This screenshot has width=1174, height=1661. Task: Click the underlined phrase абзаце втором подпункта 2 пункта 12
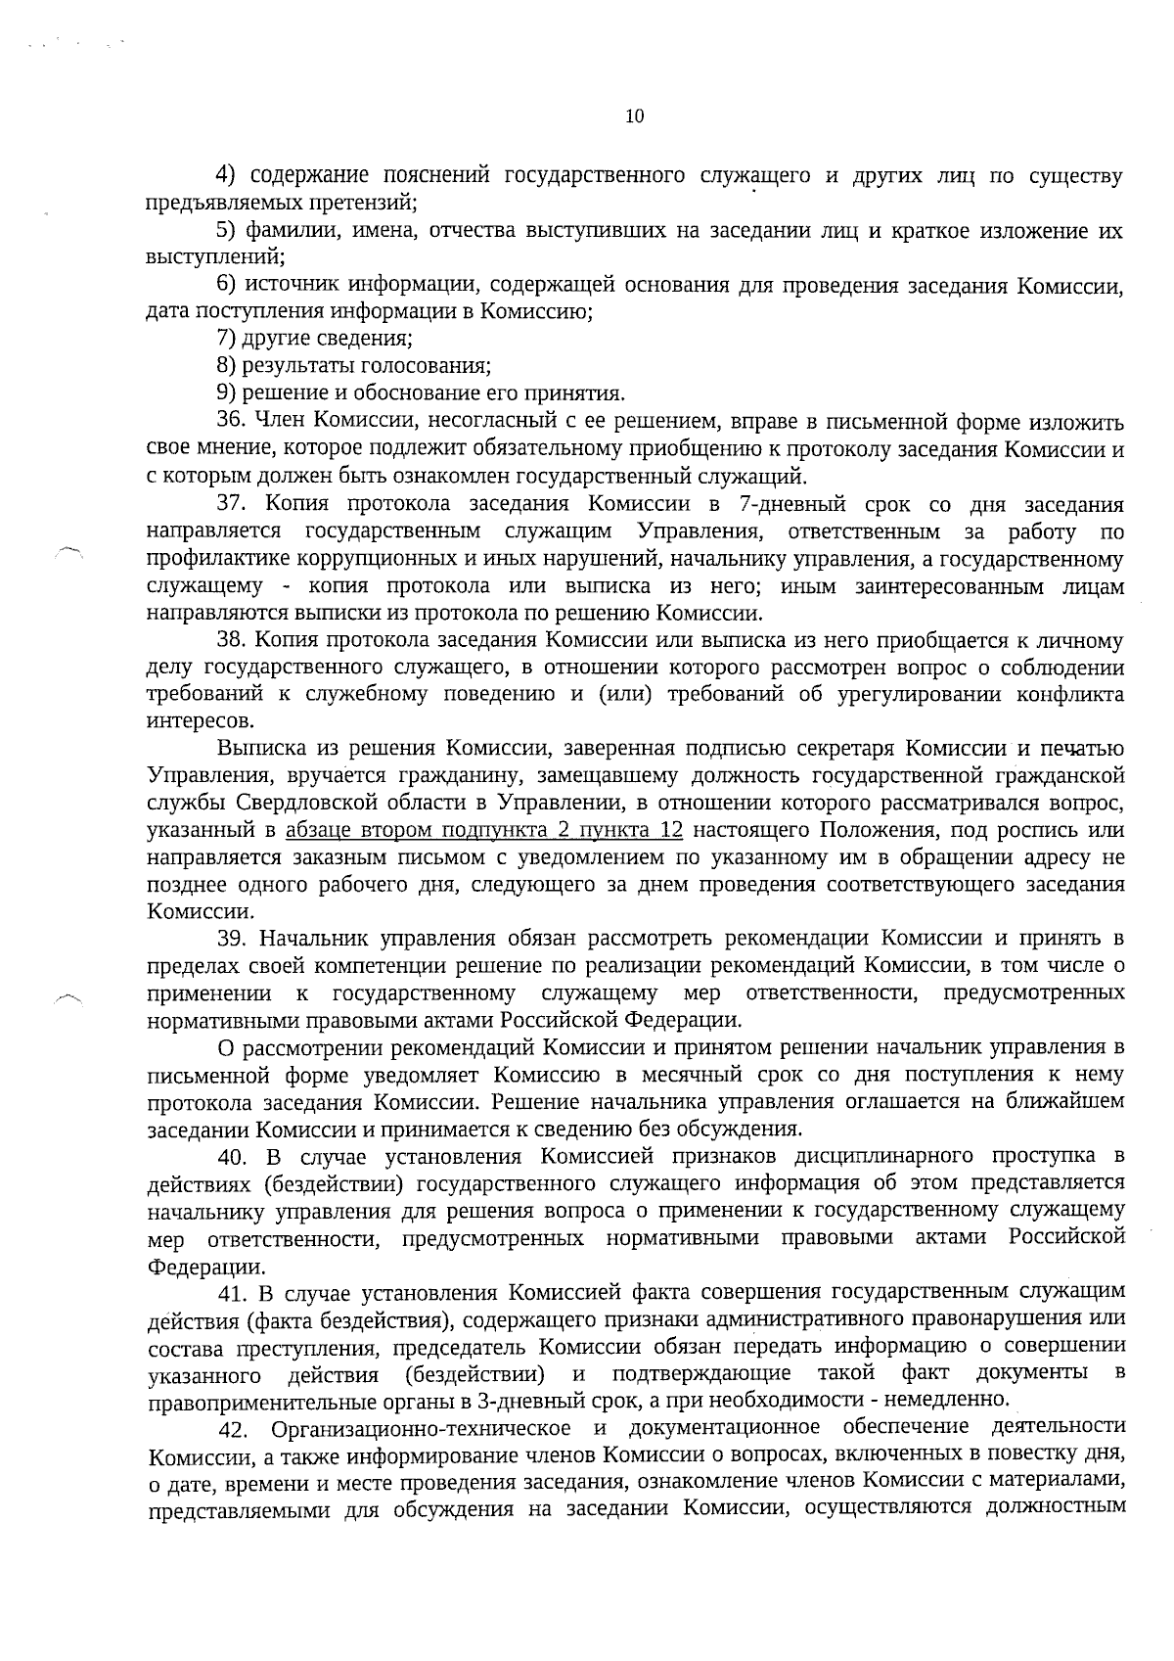tap(483, 831)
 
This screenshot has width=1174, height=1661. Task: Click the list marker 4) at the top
tap(226, 176)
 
